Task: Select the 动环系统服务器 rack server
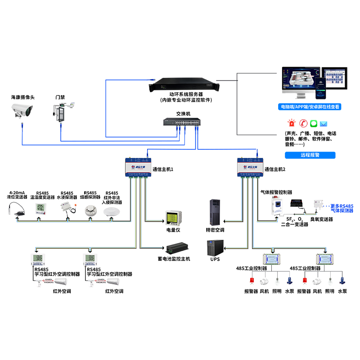pos(183,84)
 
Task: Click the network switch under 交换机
pos(181,123)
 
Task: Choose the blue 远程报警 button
pos(310,155)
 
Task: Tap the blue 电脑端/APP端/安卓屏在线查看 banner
pos(310,107)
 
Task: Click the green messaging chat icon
pos(314,123)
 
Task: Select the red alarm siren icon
pos(292,123)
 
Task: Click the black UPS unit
pos(214,249)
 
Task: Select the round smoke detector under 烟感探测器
pos(90,210)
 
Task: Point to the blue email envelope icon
pos(324,123)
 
